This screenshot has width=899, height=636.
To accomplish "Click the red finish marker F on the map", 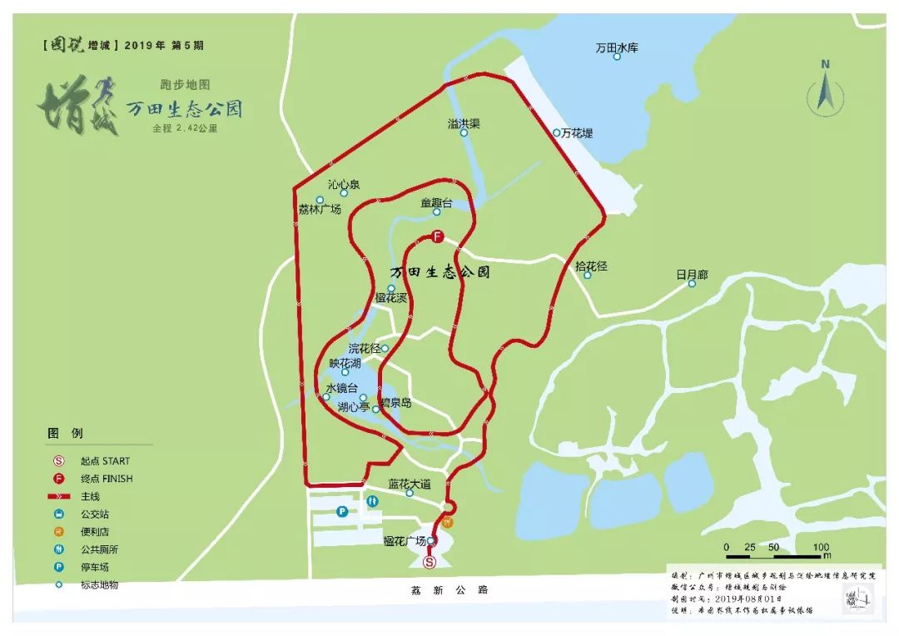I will [436, 236].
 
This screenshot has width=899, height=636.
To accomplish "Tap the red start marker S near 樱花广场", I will [430, 563].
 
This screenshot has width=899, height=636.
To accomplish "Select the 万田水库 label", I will [617, 49].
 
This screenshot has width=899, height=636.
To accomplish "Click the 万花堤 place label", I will [576, 132].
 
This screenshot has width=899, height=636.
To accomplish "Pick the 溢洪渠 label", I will [464, 123].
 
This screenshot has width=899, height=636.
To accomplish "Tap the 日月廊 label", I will [692, 274].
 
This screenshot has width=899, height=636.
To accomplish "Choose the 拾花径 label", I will [591, 266].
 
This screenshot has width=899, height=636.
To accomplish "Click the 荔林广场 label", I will [320, 209].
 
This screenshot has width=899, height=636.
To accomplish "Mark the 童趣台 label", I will [436, 202].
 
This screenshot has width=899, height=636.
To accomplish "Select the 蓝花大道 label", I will [410, 484].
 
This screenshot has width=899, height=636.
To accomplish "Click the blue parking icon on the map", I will [342, 512].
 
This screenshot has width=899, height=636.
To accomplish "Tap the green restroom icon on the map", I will [373, 501].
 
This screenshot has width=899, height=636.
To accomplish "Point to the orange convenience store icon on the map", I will [448, 523].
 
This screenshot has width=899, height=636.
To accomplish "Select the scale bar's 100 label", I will [821, 546].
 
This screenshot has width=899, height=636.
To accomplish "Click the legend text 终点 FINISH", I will [107, 479].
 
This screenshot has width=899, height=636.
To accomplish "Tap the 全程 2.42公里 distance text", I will [190, 129].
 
